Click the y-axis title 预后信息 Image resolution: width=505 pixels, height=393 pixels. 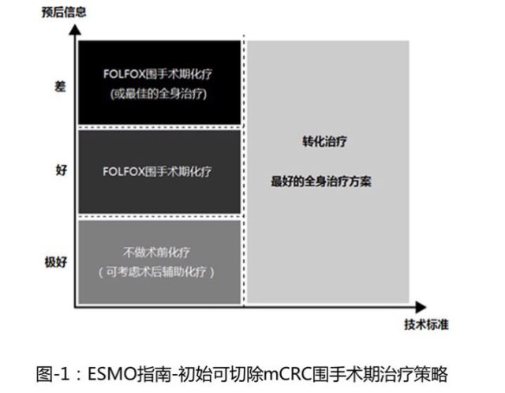coord(64,13)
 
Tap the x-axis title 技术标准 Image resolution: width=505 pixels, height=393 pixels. coord(426,324)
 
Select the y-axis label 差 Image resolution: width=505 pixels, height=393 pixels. coord(60,86)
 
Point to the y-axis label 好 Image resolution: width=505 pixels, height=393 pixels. coord(62,170)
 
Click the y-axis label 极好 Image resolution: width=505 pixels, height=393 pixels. coord(56,262)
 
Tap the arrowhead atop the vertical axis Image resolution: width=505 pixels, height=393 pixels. coord(75,30)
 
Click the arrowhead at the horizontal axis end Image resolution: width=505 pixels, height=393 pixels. coord(421,307)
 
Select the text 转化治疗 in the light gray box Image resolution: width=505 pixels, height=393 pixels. coord(324,141)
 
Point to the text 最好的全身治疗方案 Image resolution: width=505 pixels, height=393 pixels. coord(321,182)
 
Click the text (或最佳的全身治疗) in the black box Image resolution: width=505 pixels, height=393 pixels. coord(159,94)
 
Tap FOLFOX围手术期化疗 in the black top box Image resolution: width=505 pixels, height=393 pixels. coord(158,74)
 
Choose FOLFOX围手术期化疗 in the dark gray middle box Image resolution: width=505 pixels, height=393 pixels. coord(157,171)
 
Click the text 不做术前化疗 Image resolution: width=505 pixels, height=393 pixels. coord(156,253)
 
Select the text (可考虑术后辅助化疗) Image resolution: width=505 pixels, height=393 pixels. coord(156,272)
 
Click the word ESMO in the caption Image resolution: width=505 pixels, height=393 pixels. coord(112,374)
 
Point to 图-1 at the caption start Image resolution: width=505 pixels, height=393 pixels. coord(53,374)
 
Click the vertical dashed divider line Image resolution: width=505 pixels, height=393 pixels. coord(244,170)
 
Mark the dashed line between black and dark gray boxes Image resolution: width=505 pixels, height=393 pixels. coord(159,127)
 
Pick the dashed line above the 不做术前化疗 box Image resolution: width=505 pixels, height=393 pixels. coord(159,216)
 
